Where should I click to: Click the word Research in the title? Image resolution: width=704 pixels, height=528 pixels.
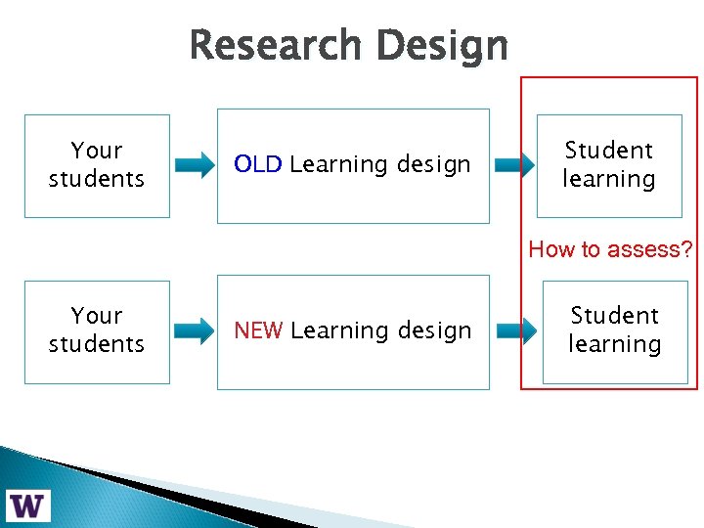pyautogui.click(x=276, y=46)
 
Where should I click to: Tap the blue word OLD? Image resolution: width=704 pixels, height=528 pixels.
pyautogui.click(x=258, y=164)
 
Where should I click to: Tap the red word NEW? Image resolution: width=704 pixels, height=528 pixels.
pyautogui.click(x=259, y=330)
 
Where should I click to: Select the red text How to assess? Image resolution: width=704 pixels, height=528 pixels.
pyautogui.click(x=610, y=249)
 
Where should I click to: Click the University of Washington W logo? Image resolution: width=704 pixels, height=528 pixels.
pyautogui.click(x=27, y=506)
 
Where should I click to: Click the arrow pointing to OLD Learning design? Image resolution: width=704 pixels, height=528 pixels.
pyautogui.click(x=196, y=165)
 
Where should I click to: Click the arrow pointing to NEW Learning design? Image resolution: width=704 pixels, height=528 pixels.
pyautogui.click(x=196, y=330)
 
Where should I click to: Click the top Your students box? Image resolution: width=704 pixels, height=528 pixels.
pyautogui.click(x=97, y=165)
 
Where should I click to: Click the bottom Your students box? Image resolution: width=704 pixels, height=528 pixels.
pyautogui.click(x=97, y=331)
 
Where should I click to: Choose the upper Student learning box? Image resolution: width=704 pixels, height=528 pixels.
pyautogui.click(x=608, y=165)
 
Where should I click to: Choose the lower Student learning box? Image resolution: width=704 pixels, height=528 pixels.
pyautogui.click(x=615, y=331)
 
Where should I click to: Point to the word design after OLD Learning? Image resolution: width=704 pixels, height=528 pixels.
pyautogui.click(x=434, y=164)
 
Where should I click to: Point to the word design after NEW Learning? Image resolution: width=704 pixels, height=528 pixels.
pyautogui.click(x=434, y=330)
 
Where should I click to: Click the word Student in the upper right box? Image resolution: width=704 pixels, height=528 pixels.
pyautogui.click(x=608, y=151)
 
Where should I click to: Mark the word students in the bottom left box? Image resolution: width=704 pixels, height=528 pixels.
pyautogui.click(x=97, y=344)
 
